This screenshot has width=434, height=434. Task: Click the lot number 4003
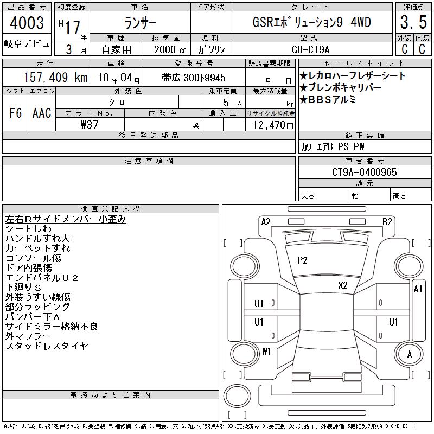coord(27,23)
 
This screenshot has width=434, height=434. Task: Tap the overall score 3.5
coord(413,22)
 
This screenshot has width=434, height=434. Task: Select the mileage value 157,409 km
coord(55,77)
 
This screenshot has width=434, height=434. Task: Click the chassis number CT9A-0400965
coord(364,172)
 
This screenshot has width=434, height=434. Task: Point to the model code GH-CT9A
coord(310,49)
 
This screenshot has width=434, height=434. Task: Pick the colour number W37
coord(90,125)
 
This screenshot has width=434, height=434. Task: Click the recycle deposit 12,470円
coord(273,125)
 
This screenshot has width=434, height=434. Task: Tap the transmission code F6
coord(16,113)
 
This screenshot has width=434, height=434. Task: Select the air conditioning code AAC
coord(42,113)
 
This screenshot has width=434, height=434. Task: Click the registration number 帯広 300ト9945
coord(194,78)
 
